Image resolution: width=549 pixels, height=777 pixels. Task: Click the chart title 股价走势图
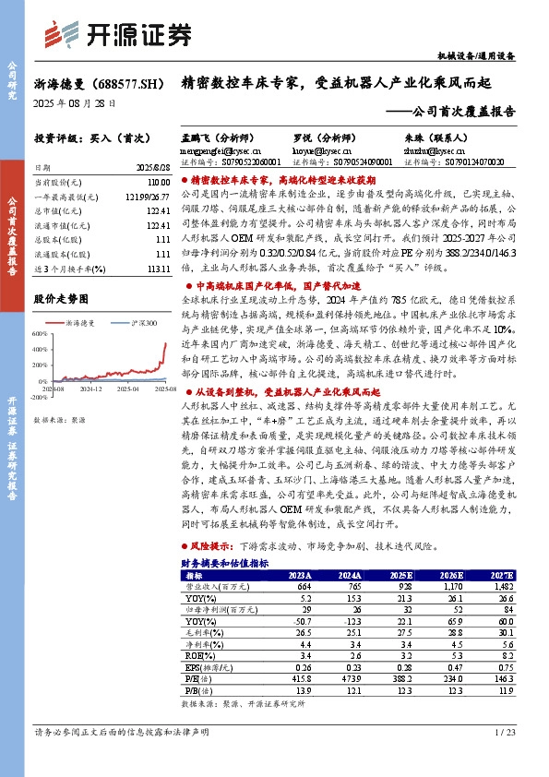(61, 299)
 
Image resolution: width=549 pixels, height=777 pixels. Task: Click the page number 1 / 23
(506, 732)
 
